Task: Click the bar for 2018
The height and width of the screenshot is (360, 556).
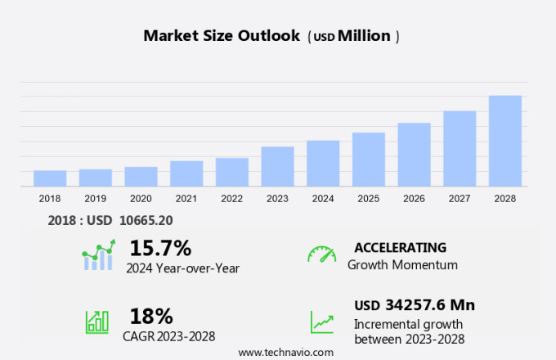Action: pyautogui.click(x=50, y=178)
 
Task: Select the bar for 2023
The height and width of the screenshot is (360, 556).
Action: pyautogui.click(x=277, y=167)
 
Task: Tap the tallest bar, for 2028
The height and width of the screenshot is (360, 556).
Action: pyautogui.click(x=505, y=142)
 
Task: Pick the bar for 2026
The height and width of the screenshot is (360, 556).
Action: pyautogui.click(x=414, y=155)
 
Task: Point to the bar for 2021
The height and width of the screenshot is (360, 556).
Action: pyautogui.click(x=186, y=173)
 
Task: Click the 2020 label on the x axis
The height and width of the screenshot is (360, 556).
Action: pyautogui.click(x=141, y=198)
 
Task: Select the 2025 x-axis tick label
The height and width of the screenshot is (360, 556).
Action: pyautogui.click(x=369, y=198)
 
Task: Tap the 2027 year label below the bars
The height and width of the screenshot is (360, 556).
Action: pyautogui.click(x=460, y=198)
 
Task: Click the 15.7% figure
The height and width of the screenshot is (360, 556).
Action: pyautogui.click(x=160, y=248)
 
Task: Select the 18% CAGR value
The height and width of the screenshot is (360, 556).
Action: pyautogui.click(x=151, y=316)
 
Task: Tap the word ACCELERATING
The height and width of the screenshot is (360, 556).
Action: pyautogui.click(x=400, y=247)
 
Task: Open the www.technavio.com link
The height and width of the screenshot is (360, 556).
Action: pyautogui.click(x=286, y=352)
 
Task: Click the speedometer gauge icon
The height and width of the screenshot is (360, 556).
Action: pyautogui.click(x=321, y=254)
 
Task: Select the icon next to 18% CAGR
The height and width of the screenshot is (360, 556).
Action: pyautogui.click(x=97, y=322)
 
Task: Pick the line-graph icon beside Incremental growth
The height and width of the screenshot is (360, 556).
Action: pyautogui.click(x=321, y=322)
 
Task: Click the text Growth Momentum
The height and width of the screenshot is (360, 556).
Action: pyautogui.click(x=402, y=265)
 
